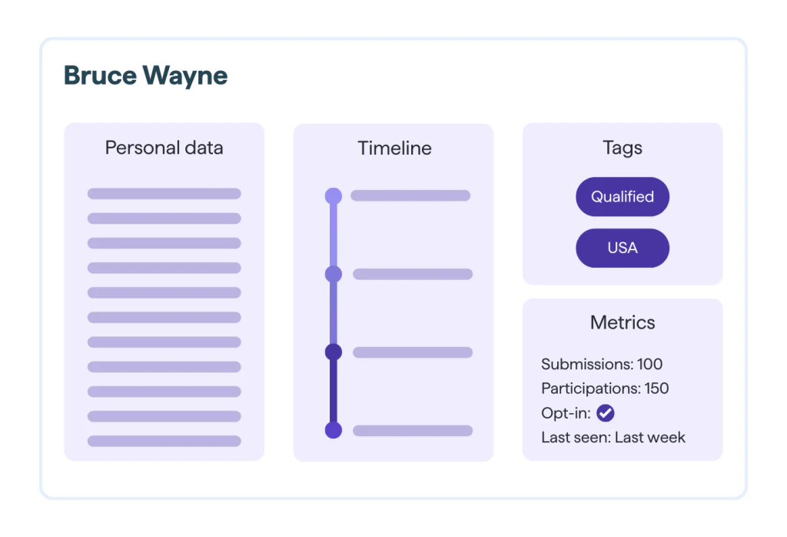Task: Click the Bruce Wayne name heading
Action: (145, 76)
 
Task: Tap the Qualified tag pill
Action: (623, 197)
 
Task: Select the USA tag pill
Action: (623, 248)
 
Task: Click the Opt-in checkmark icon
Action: (606, 413)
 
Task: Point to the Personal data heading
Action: (164, 148)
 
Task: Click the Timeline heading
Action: (394, 148)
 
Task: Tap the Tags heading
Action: (623, 148)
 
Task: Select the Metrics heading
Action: (623, 322)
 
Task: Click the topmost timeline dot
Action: (334, 196)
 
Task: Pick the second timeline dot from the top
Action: (334, 274)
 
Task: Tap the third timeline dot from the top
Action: (334, 352)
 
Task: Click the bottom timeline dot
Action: (334, 431)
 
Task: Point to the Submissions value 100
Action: (650, 364)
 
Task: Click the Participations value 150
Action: (656, 389)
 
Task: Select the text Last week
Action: (650, 438)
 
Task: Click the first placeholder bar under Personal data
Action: (164, 194)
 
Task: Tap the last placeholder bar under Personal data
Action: (164, 441)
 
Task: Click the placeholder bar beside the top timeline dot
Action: (410, 195)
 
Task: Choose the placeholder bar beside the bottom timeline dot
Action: (413, 431)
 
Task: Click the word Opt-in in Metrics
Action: (566, 413)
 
